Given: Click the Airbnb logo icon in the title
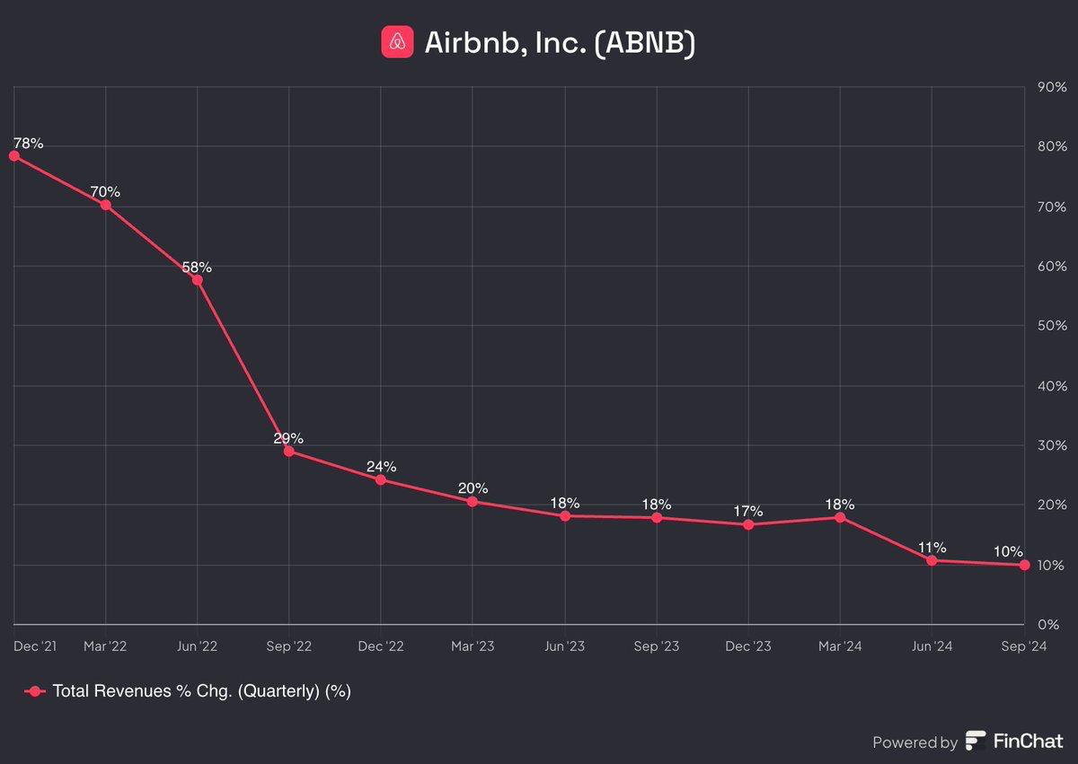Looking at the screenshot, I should (x=397, y=41).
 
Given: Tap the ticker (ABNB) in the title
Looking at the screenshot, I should (x=644, y=42).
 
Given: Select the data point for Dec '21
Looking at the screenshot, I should (x=13, y=155).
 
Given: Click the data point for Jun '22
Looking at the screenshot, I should (x=197, y=279).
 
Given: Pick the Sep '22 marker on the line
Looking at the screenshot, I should (x=288, y=451).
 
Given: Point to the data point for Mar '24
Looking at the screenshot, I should (x=840, y=517).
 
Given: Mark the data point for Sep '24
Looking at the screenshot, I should (x=1025, y=565).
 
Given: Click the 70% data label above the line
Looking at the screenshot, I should (x=105, y=191).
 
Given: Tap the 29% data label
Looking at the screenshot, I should (x=288, y=438).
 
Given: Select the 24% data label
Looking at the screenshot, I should (x=381, y=466).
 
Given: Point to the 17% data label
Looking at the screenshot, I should (x=747, y=511).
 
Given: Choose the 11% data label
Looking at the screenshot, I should (x=932, y=547).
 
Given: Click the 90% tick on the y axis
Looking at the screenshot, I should (x=1052, y=87).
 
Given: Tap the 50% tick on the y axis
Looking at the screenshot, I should (x=1052, y=326).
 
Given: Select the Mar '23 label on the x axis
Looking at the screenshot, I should (x=473, y=645).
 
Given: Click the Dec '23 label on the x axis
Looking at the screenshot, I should (x=747, y=645).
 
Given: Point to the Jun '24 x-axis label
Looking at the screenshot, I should (x=932, y=645).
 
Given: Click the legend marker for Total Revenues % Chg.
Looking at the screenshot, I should (x=34, y=690).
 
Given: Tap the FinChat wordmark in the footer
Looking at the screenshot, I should (x=1028, y=742).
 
